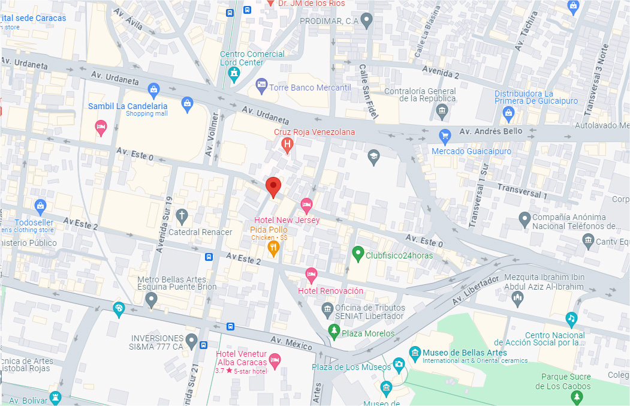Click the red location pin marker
[x=273, y=187]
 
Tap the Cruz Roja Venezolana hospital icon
[x=287, y=144]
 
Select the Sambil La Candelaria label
[x=128, y=106]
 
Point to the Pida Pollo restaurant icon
[x=273, y=248]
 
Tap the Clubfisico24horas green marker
[x=358, y=254]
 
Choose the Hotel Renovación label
[x=331, y=291]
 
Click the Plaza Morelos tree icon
[x=334, y=331]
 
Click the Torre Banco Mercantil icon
[x=261, y=86]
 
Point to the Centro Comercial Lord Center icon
[x=234, y=74]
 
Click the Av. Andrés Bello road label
[x=491, y=131]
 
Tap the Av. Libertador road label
[x=475, y=290]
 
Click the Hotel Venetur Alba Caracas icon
[x=275, y=360]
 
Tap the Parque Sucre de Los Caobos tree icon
[x=577, y=397]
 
